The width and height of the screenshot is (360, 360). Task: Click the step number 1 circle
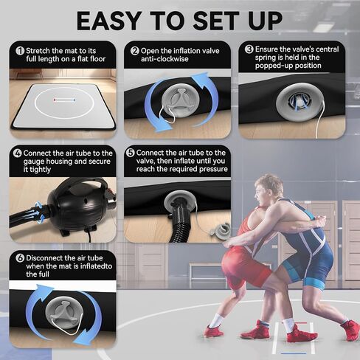click(x=19, y=51)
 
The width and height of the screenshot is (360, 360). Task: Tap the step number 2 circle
click(x=135, y=51)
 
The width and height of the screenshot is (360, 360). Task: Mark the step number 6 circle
click(x=19, y=259)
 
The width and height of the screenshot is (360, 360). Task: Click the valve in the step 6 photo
click(x=63, y=319)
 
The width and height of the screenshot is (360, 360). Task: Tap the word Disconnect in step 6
click(x=46, y=259)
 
